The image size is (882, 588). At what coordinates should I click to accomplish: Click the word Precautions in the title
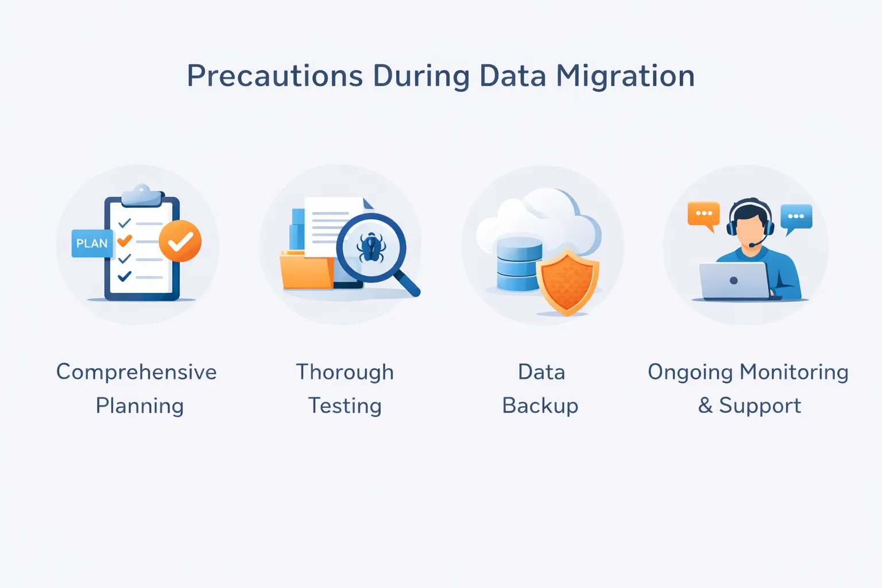[275, 76]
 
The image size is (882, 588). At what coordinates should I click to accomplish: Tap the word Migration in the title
[625, 76]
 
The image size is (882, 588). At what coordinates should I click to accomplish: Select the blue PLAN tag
[92, 243]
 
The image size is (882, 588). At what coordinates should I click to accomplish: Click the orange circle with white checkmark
[180, 241]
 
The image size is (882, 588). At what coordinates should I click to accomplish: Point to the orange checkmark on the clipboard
[125, 241]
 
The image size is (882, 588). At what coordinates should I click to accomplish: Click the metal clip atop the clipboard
[141, 195]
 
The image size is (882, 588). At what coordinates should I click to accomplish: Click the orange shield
[567, 282]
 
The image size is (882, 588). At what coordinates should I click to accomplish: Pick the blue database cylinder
[519, 264]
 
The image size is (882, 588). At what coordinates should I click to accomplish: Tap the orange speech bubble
[703, 214]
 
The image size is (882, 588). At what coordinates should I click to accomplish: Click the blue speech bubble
[796, 217]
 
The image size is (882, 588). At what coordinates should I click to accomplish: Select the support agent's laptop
[734, 281]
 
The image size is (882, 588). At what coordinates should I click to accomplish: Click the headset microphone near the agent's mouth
[752, 245]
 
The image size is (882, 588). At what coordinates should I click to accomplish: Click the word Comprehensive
[137, 372]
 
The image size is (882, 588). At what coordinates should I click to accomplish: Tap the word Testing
[345, 406]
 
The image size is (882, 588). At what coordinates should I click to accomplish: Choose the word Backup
[540, 406]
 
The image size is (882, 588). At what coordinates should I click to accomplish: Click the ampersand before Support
[705, 406]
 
